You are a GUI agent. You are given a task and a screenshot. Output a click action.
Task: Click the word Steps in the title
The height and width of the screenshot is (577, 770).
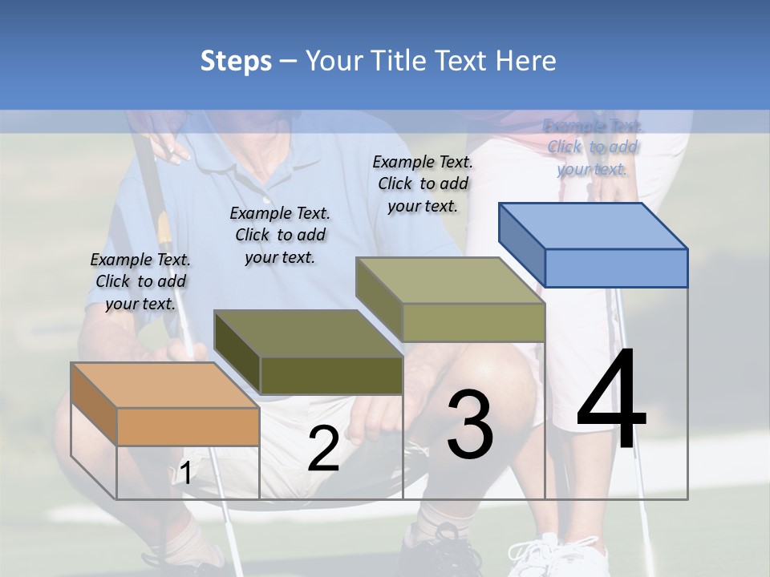tap(236, 61)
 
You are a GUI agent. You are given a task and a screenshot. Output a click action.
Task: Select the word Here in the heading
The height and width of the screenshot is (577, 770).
tap(525, 61)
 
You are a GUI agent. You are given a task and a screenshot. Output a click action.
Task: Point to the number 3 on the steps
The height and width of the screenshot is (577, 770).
tap(470, 424)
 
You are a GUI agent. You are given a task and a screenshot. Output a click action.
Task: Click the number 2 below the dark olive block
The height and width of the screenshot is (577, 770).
tap(323, 449)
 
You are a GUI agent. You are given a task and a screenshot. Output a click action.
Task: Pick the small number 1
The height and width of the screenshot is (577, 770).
tap(185, 474)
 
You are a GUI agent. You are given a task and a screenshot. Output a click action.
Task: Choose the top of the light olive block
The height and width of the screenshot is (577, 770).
tap(450, 280)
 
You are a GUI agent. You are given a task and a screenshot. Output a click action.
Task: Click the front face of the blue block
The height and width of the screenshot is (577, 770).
tap(616, 268)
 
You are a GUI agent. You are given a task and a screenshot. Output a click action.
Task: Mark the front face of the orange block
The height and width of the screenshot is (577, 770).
tap(188, 426)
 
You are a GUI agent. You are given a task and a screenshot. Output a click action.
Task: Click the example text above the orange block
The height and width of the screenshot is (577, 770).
tap(140, 281)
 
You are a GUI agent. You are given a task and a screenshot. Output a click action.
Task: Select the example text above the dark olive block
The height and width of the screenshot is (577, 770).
tap(280, 235)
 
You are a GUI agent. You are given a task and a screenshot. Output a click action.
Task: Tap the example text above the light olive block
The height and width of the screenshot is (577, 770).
tap(423, 184)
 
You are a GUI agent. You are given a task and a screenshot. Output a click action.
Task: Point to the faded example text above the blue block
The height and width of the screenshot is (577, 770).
tap(593, 147)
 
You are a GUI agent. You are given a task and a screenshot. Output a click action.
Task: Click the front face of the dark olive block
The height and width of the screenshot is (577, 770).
tap(331, 375)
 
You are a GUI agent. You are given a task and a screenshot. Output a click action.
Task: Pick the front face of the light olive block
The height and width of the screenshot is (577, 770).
tap(473, 322)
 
